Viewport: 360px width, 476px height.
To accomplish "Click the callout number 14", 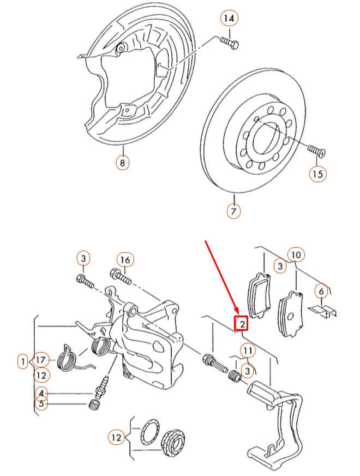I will [x=230, y=19].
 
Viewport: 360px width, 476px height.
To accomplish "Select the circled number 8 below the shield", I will [x=122, y=163].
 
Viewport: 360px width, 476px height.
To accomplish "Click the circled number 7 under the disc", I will [x=233, y=211].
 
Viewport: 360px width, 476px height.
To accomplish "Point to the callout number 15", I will [x=317, y=174].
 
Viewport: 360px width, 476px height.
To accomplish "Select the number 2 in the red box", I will [x=242, y=324].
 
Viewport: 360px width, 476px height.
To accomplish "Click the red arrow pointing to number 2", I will [x=221, y=278].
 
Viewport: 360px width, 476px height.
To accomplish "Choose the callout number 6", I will [x=322, y=291].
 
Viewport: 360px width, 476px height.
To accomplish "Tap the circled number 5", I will [x=41, y=404].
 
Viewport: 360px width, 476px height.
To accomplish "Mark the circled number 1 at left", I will [x=22, y=361].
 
